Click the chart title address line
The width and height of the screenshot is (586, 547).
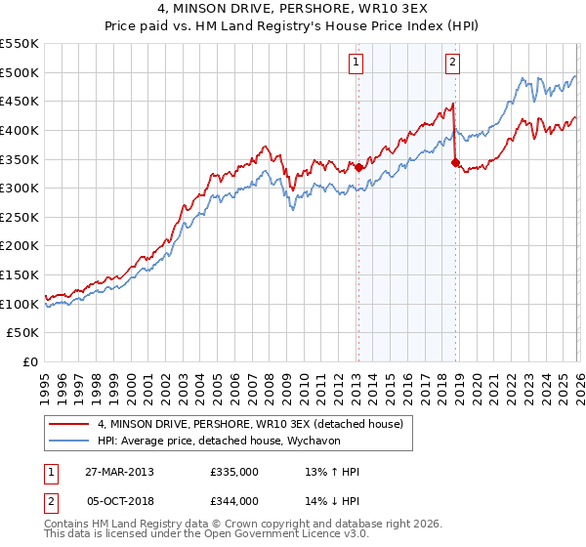[x=293, y=9]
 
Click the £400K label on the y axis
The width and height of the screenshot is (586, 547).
[x=20, y=130]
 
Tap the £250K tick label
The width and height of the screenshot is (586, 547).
[x=20, y=246]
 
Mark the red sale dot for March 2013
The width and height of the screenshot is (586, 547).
[x=358, y=167]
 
